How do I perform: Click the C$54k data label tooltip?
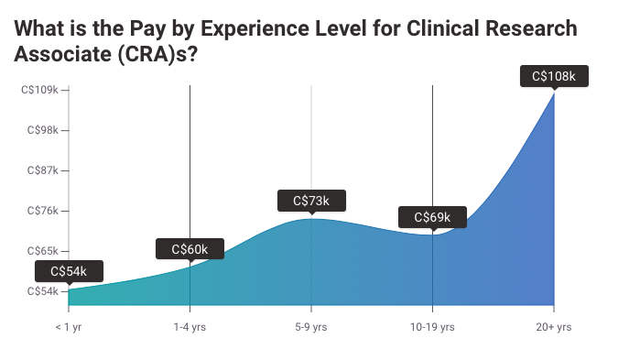[x=68, y=271]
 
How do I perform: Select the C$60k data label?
[x=190, y=248]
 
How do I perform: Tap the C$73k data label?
[x=311, y=201]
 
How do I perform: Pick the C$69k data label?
[x=432, y=217]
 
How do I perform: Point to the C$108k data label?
[x=554, y=75]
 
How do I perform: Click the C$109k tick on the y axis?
[x=39, y=90]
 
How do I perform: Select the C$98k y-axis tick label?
[x=41, y=130]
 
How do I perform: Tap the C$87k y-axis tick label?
[x=41, y=170]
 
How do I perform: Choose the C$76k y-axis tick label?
[x=41, y=211]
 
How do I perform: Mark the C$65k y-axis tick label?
[x=41, y=251]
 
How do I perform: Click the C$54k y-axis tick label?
[x=41, y=291]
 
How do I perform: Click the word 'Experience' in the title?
[x=244, y=28]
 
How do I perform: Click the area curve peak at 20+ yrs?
[x=553, y=93]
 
